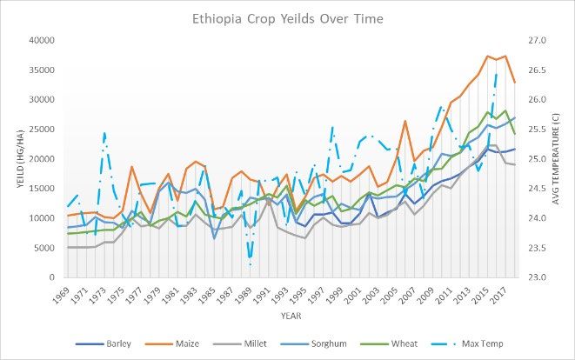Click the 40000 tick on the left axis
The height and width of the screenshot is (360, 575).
[x=43, y=41]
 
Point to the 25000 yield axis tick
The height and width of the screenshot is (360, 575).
[x=43, y=130]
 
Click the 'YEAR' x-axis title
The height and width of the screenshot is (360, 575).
[x=291, y=317]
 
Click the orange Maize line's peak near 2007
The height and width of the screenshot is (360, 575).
[x=405, y=121]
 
